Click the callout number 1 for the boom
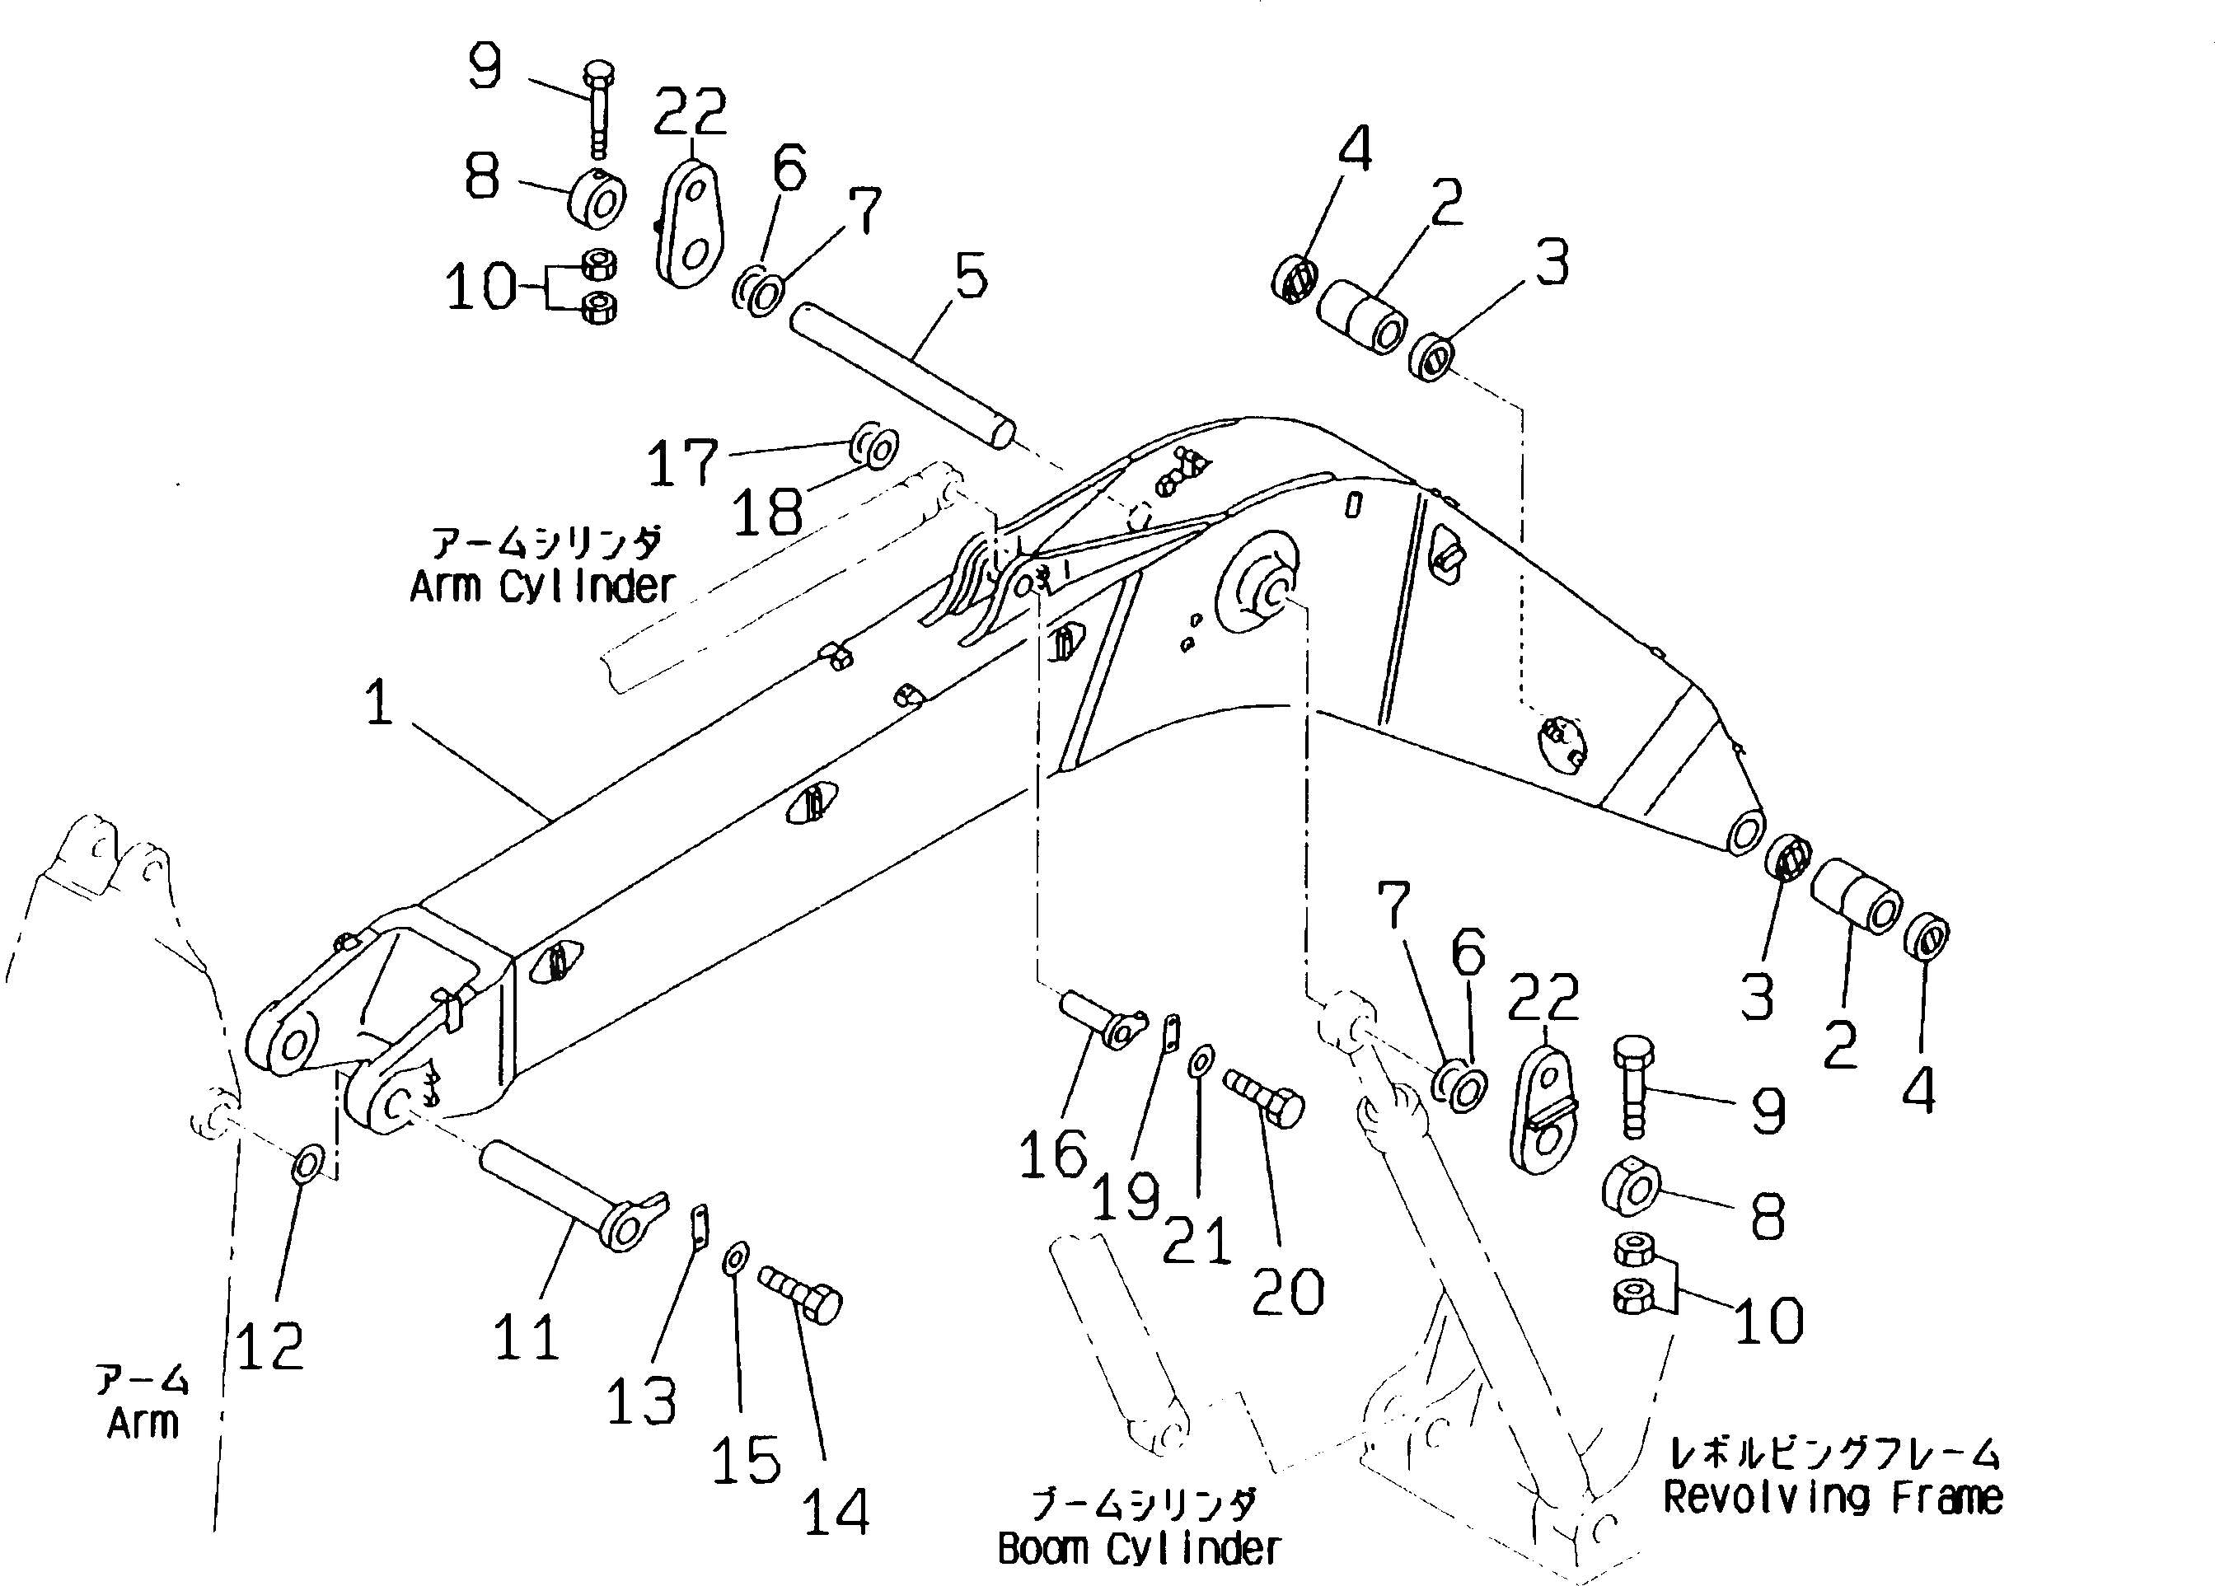tap(379, 702)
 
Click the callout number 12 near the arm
tap(269, 1347)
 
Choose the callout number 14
tap(836, 1512)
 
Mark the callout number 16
tap(1053, 1153)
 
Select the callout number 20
tap(1288, 1292)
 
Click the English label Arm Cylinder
tap(542, 587)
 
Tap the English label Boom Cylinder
tap(1139, 1549)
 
